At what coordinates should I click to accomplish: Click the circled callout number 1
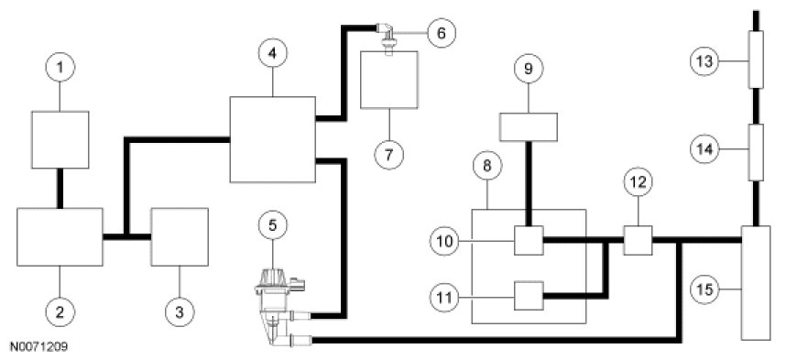click(x=60, y=67)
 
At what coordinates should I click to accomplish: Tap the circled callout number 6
click(x=441, y=33)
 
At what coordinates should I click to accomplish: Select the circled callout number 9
click(x=528, y=69)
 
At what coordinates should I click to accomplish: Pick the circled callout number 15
click(x=704, y=289)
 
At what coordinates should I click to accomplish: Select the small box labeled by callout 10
click(x=529, y=240)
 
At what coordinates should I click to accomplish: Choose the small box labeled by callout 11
click(x=529, y=296)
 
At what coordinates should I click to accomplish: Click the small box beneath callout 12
click(x=638, y=240)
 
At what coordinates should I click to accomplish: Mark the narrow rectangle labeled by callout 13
click(x=756, y=59)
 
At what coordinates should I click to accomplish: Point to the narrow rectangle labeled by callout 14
click(x=756, y=152)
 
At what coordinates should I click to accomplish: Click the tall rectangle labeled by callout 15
click(x=756, y=283)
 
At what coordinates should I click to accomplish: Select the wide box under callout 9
click(x=529, y=126)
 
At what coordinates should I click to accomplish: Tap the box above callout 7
click(x=389, y=80)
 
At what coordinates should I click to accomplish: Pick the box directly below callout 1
click(x=60, y=139)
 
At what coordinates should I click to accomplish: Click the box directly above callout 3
click(x=180, y=236)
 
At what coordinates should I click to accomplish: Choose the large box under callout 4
click(x=273, y=139)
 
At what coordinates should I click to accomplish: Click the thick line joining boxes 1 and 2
click(x=60, y=188)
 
